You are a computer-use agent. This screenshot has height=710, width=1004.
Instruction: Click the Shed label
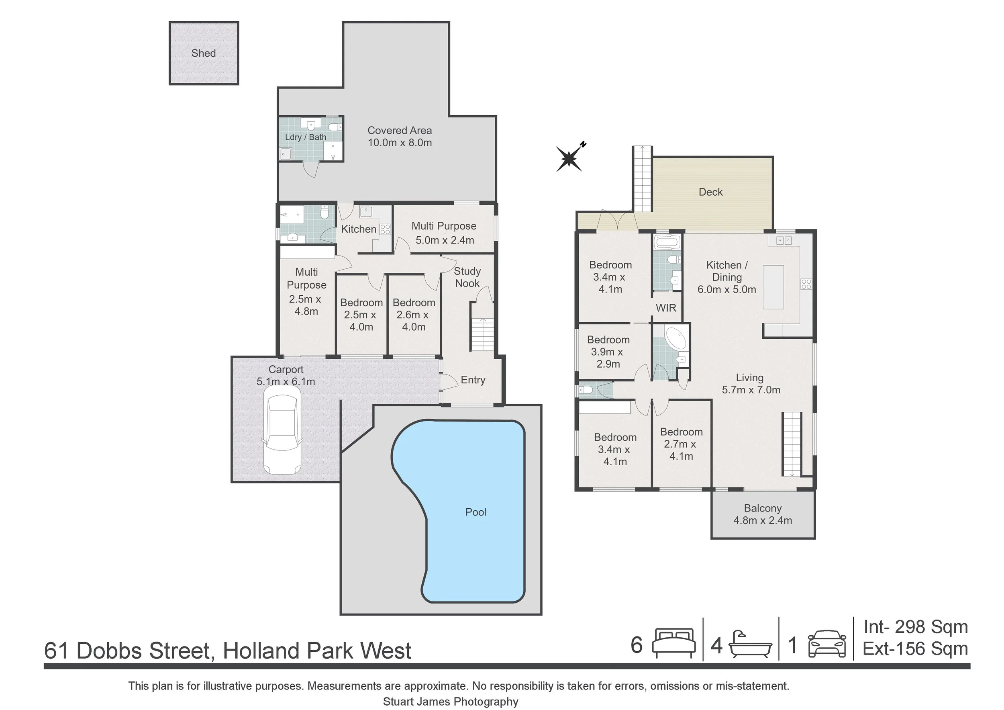(x=203, y=53)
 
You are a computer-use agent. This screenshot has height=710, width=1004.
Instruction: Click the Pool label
(x=475, y=512)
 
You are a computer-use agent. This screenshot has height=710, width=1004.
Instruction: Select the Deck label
(x=710, y=192)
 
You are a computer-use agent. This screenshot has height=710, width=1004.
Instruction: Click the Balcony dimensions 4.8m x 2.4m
(x=763, y=521)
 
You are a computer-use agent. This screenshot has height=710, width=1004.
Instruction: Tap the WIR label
(x=665, y=308)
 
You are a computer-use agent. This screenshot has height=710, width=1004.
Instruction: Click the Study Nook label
(x=467, y=277)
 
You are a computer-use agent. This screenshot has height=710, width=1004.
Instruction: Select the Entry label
(x=473, y=380)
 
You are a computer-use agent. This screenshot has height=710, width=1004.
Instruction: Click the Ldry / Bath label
(x=306, y=137)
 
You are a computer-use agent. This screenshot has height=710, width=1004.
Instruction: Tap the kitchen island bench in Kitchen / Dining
(x=773, y=287)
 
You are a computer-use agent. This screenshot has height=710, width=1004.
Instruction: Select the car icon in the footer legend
(x=827, y=644)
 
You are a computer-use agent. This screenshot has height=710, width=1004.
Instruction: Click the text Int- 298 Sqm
(x=915, y=627)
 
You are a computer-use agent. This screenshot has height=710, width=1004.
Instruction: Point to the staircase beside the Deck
(x=642, y=179)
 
